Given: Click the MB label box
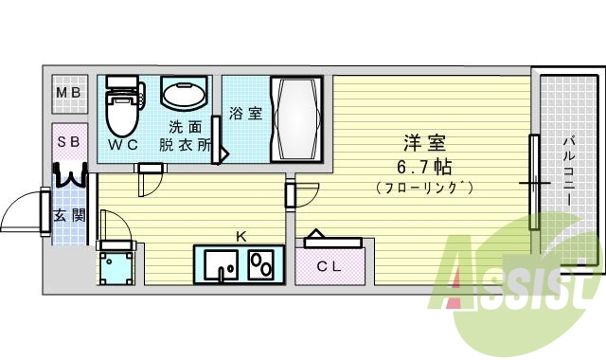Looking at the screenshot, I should pyautogui.click(x=68, y=93).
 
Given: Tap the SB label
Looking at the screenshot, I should pyautogui.click(x=68, y=142).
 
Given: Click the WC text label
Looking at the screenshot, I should pyautogui.click(x=122, y=145).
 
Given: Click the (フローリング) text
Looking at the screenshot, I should pyautogui.click(x=424, y=187).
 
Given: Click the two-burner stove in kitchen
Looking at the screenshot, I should pyautogui.click(x=261, y=264).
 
